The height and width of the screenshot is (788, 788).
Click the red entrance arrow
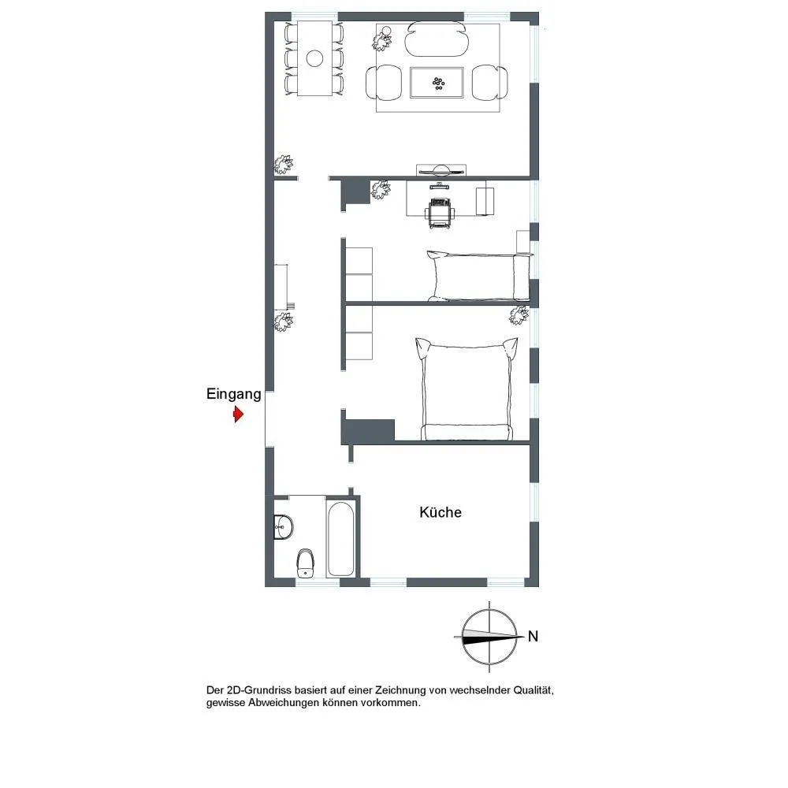(x=238, y=414)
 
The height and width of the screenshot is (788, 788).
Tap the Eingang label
(x=234, y=395)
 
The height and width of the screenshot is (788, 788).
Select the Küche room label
(x=440, y=512)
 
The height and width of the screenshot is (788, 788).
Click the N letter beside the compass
(x=533, y=636)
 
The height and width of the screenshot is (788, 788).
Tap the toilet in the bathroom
(x=305, y=563)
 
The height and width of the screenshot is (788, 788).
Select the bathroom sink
(x=284, y=526)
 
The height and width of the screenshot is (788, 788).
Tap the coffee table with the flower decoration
(x=437, y=83)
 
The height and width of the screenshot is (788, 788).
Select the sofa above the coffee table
(x=437, y=39)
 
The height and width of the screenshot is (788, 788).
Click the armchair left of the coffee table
(x=385, y=83)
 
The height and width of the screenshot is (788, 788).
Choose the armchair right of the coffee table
(x=490, y=83)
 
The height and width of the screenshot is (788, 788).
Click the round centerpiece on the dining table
(x=314, y=58)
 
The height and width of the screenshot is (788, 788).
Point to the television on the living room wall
(x=441, y=171)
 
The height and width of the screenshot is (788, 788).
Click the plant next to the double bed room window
(x=519, y=315)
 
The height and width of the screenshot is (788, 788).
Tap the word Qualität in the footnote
(x=533, y=690)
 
